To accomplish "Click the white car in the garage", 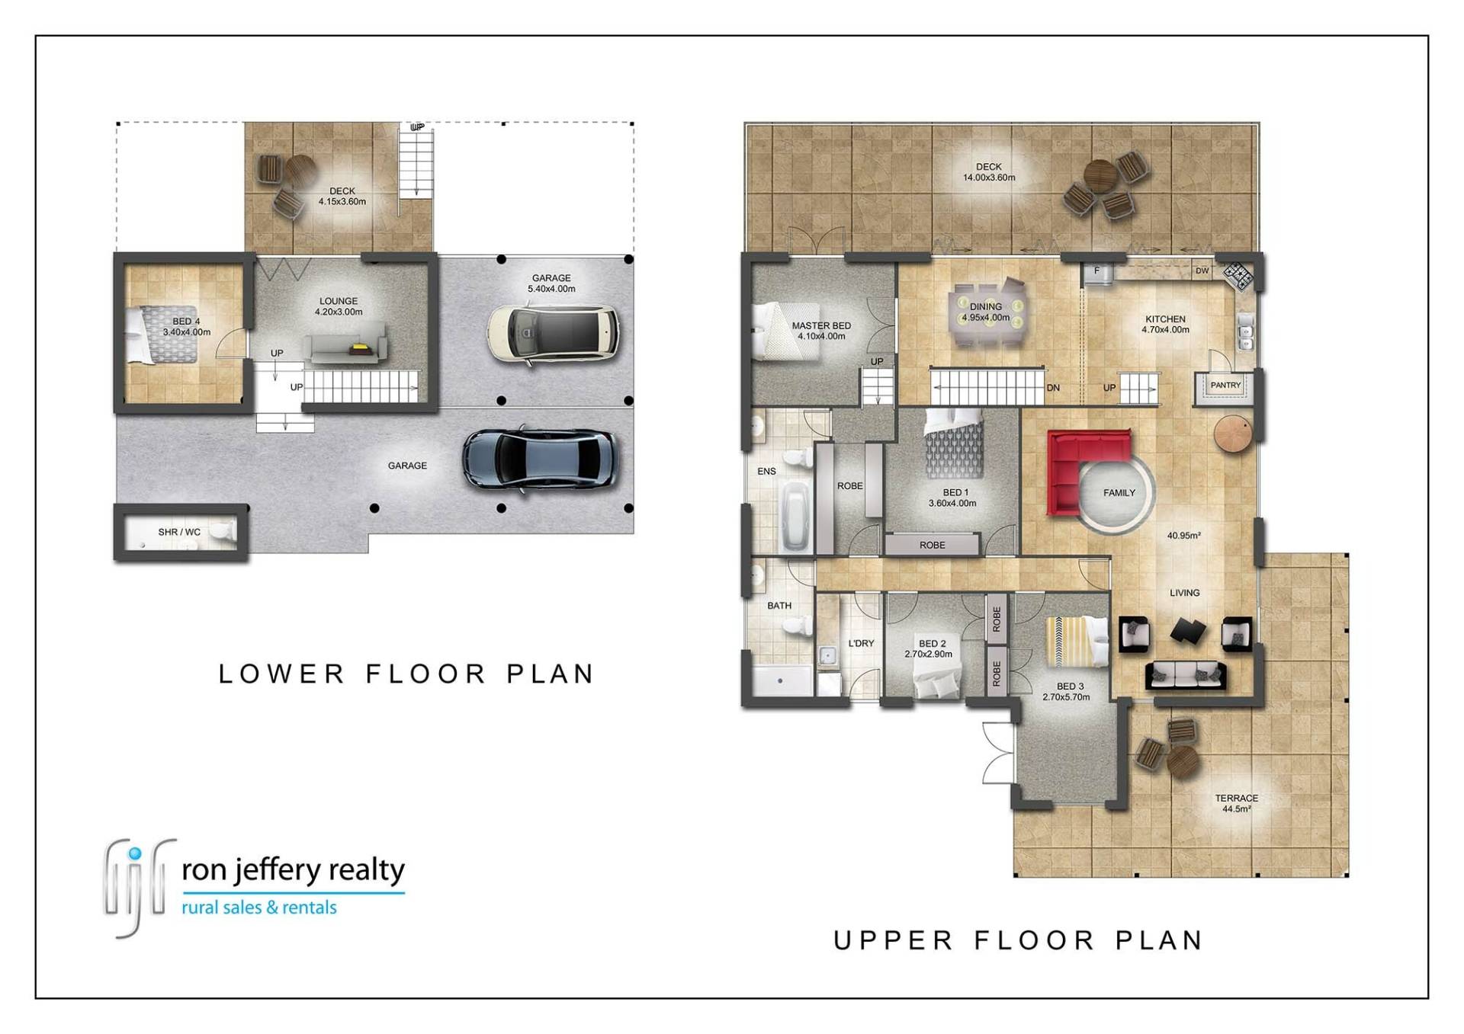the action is pos(553,334).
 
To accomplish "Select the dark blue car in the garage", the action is pos(540,459).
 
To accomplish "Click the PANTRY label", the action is pos(1225,386).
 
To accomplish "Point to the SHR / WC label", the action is pos(179,532).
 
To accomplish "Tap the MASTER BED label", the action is pos(821,325).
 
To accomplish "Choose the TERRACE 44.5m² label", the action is pos(1236,803).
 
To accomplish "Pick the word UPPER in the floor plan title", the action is pos(893,941).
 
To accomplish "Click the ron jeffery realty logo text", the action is pos(293,869).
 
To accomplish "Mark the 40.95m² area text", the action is pos(1184,536).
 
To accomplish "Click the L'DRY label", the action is pos(862,643).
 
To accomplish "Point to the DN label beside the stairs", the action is pos(1053,388).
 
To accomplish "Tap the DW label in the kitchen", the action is pos(1202,271).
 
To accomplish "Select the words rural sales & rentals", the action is pos(259,908).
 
